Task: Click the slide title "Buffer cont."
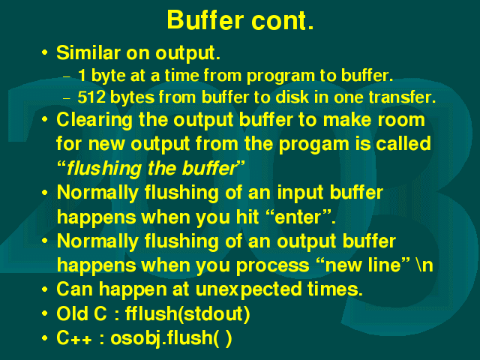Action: pos(240,20)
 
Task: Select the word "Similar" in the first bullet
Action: pos(88,52)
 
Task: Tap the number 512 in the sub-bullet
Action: pos(91,97)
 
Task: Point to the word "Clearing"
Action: pos(94,120)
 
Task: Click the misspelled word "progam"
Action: pos(314,145)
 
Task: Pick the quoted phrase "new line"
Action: pos(363,265)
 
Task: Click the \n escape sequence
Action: pos(424,265)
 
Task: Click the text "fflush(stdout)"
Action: pos(187,314)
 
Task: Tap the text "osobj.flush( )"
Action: pos(171,338)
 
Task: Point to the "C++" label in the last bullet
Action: pos(74,338)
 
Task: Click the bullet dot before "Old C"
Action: pos(45,313)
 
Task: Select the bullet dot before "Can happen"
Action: pos(45,289)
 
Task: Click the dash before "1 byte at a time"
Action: pos(67,76)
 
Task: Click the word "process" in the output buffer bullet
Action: pos(273,265)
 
